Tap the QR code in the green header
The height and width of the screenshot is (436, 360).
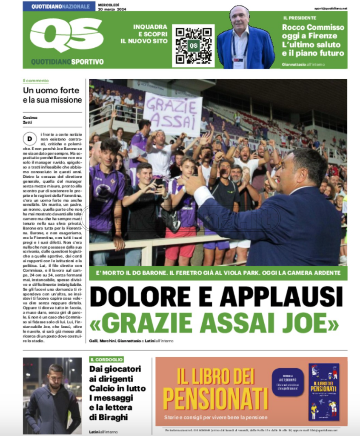click(x=193, y=46)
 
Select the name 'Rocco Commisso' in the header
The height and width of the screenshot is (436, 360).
click(x=313, y=27)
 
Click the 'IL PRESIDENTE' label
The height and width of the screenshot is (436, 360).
click(x=300, y=18)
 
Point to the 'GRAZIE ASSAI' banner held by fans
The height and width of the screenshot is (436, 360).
click(x=172, y=114)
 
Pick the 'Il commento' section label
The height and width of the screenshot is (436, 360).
click(x=36, y=80)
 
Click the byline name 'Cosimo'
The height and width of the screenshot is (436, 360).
click(x=30, y=118)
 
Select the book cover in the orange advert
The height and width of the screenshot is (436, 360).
click(x=324, y=392)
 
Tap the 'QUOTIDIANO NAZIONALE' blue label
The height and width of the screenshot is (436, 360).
click(x=59, y=6)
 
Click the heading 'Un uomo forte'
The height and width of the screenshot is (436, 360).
click(x=51, y=90)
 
